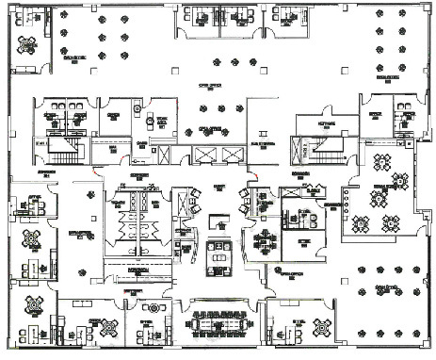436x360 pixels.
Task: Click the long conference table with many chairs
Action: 222,323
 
